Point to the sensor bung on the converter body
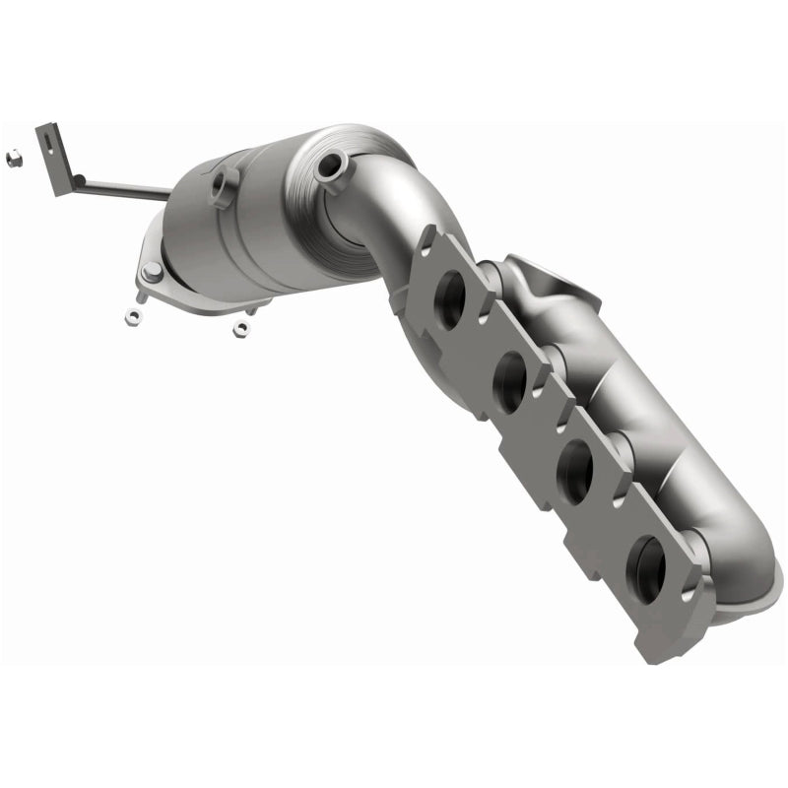tap(225, 184)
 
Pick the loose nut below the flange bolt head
tap(132, 316)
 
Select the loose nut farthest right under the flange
tap(239, 329)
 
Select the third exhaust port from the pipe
tap(574, 473)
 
